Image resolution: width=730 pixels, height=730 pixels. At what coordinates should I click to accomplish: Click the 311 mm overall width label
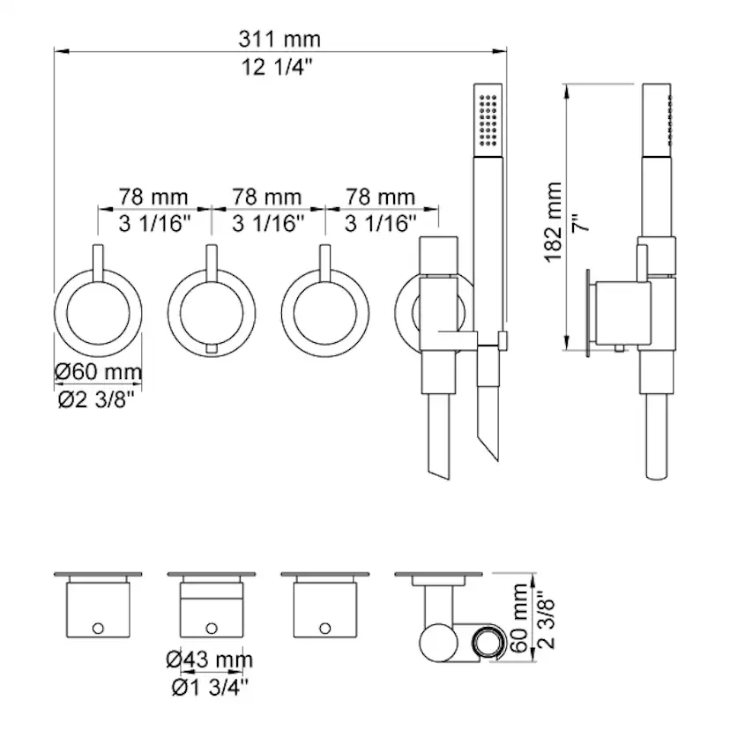tap(279, 39)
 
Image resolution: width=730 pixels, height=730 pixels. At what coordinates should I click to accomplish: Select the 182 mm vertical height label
tap(554, 222)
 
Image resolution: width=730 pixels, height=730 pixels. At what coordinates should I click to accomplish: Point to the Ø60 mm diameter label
tap(98, 372)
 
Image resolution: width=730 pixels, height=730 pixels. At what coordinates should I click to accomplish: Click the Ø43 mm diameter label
tap(210, 659)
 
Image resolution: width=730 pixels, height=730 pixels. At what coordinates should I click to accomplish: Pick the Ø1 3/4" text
tap(210, 687)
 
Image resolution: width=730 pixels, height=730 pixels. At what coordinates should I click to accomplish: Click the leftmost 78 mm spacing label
tap(153, 197)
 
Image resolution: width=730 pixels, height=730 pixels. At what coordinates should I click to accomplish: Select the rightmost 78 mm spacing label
tap(380, 197)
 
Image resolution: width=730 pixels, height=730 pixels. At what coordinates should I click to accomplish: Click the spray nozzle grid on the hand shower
tap(488, 120)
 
